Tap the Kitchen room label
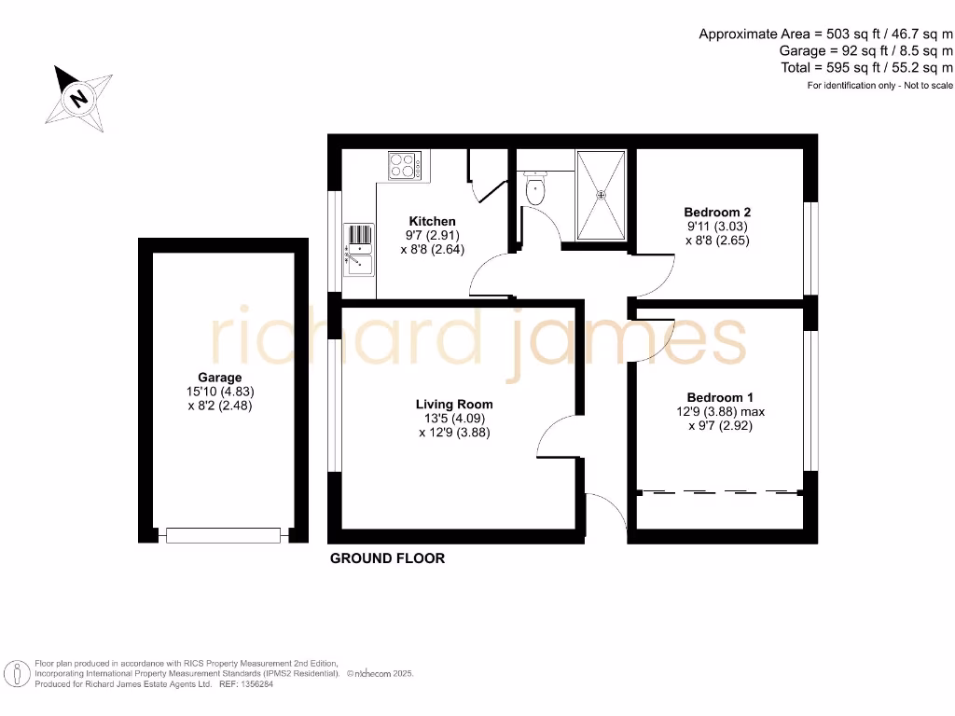tap(433, 222)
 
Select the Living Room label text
tap(454, 405)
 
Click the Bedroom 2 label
tap(717, 213)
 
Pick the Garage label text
tap(220, 378)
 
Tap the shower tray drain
tap(602, 195)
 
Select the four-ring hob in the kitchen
tap(405, 166)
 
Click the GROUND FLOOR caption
tap(387, 558)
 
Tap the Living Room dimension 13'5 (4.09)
tap(454, 419)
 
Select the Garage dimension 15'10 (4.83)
tap(220, 392)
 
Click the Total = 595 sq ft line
tap(867, 68)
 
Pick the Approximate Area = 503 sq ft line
tap(826, 34)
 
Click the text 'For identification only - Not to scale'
tap(880, 86)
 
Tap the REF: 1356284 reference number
tap(245, 684)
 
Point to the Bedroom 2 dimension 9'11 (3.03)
tap(717, 227)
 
